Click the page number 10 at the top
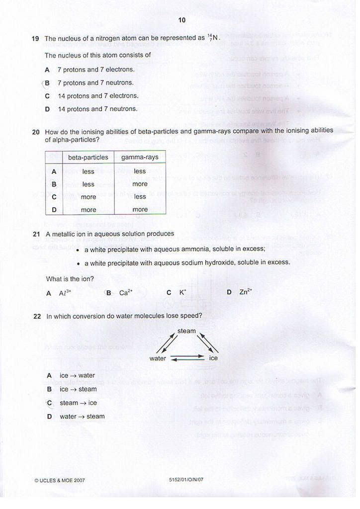tap(181, 20)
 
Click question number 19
tap(35, 38)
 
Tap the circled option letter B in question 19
tap(47, 83)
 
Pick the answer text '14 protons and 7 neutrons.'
tap(97, 109)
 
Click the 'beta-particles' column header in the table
tap(88, 157)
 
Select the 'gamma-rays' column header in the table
tap(140, 157)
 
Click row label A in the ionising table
tap(54, 171)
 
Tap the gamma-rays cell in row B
tap(140, 184)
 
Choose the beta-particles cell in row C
tap(88, 197)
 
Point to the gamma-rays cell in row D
tap(140, 210)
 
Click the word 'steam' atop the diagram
tap(186, 331)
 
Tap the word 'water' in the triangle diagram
tap(158, 358)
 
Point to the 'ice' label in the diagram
tap(213, 358)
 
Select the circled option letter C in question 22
tap(49, 403)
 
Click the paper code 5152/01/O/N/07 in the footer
tap(186, 480)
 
